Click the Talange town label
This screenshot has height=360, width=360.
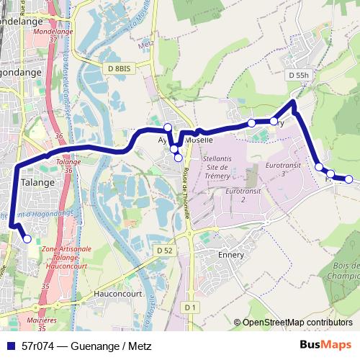(x=38, y=182)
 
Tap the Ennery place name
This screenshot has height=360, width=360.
(x=231, y=254)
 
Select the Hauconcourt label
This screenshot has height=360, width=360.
(x=119, y=294)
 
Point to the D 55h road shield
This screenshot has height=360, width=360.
(x=297, y=75)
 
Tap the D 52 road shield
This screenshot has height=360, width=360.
(x=164, y=250)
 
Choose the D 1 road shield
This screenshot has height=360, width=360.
(x=189, y=307)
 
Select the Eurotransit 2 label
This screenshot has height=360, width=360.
(x=240, y=195)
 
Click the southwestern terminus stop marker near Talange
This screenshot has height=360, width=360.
(x=27, y=239)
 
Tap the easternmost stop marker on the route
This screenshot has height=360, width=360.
(x=348, y=179)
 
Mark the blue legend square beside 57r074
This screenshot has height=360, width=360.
(x=10, y=346)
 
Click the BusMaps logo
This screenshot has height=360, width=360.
(x=325, y=345)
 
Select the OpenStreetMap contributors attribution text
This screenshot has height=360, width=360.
(x=297, y=323)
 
